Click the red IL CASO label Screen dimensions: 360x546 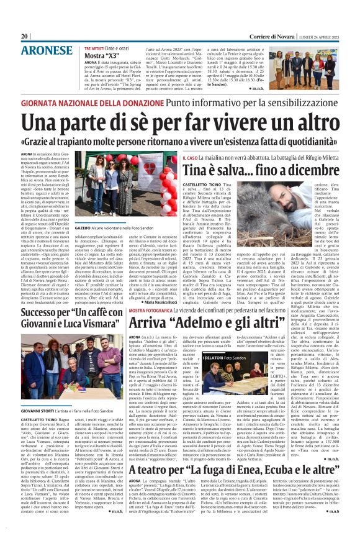click(x=173, y=160)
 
